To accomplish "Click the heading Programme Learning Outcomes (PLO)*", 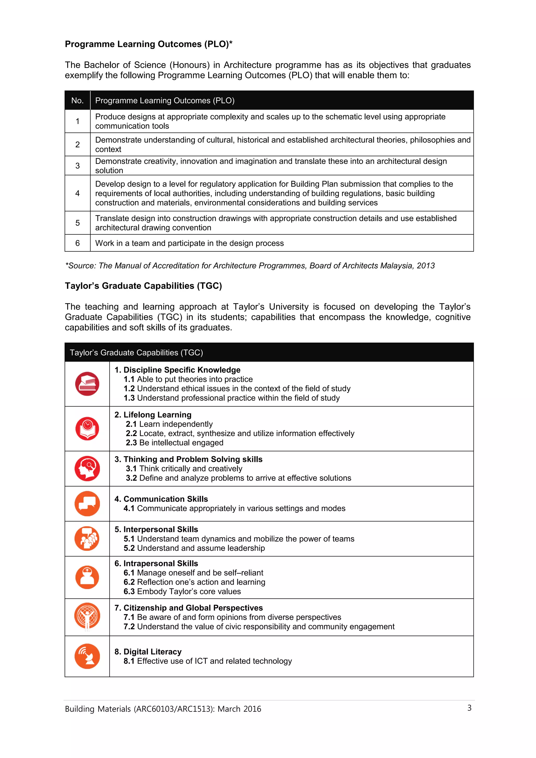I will tap(149, 44).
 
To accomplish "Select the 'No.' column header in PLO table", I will tap(77, 100).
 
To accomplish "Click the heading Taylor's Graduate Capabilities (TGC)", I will tap(143, 286).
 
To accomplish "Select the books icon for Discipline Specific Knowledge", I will tap(87, 384).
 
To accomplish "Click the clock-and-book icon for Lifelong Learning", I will tap(87, 428).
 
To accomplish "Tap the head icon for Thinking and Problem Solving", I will tap(87, 468).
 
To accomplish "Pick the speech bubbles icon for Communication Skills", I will tap(87, 504).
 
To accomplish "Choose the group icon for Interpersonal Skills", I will tap(87, 539).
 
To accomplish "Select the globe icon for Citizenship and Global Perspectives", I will tap(87, 616).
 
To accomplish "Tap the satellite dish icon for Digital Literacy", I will tap(87, 656).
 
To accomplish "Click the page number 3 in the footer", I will tap(469, 708).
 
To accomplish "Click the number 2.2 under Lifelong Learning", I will tap(131, 433).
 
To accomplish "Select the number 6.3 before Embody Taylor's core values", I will tap(129, 591).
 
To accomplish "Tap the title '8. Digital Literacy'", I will tap(148, 652).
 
